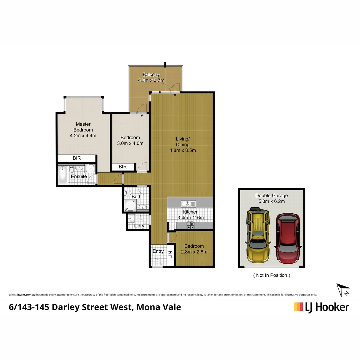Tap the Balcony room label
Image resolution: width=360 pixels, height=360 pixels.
pyautogui.click(x=151, y=75)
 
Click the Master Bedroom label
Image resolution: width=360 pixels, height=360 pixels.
pyautogui.click(x=83, y=127)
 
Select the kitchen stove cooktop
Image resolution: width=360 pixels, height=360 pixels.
pyautogui.click(x=191, y=226)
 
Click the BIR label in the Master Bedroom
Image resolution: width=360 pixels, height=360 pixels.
pyautogui.click(x=77, y=158)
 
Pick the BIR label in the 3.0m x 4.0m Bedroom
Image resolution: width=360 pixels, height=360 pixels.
pyautogui.click(x=123, y=167)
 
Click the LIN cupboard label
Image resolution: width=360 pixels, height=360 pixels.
pyautogui.click(x=170, y=255)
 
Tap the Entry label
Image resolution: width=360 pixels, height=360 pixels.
pyautogui.click(x=158, y=251)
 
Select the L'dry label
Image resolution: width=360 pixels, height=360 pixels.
pyautogui.click(x=139, y=226)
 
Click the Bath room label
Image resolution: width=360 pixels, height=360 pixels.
pyautogui.click(x=136, y=197)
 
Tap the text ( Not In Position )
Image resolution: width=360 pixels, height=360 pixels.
pyautogui.click(x=272, y=275)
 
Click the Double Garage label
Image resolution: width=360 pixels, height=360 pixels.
pyautogui.click(x=271, y=196)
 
